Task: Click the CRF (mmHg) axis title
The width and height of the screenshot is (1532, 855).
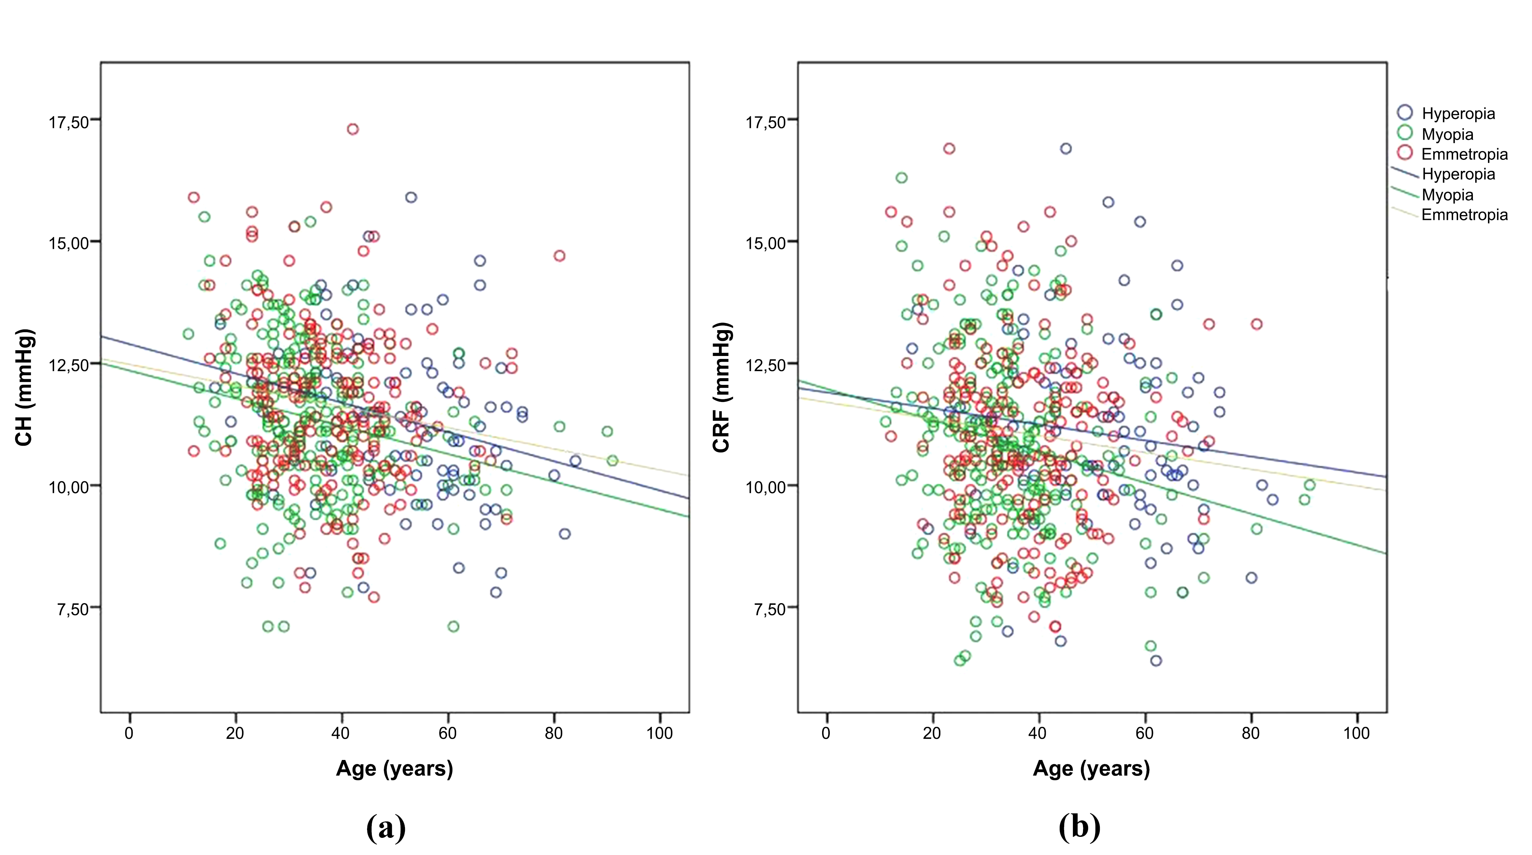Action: (x=721, y=387)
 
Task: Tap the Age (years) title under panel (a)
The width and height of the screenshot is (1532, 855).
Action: (x=394, y=768)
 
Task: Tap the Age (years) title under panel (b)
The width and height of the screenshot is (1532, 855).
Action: (x=1091, y=768)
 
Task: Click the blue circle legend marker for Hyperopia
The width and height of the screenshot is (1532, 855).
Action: (x=1405, y=113)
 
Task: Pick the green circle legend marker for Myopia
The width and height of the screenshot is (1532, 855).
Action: (x=1405, y=133)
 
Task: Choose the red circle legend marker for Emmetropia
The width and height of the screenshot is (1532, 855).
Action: (x=1405, y=153)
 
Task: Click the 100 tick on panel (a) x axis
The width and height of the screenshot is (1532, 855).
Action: (x=660, y=733)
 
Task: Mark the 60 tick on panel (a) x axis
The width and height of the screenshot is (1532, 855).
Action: (x=447, y=733)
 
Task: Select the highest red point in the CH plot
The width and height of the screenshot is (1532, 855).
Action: (x=353, y=129)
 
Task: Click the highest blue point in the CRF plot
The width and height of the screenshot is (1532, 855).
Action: (x=1066, y=149)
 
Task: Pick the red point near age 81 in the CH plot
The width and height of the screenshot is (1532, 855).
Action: (x=559, y=256)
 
